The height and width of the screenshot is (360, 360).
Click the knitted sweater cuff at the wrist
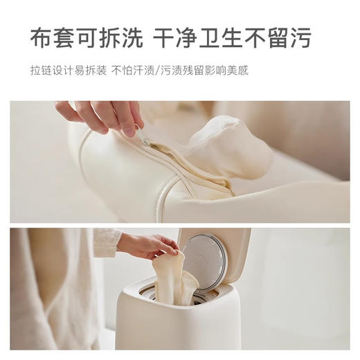coord(107,242)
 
